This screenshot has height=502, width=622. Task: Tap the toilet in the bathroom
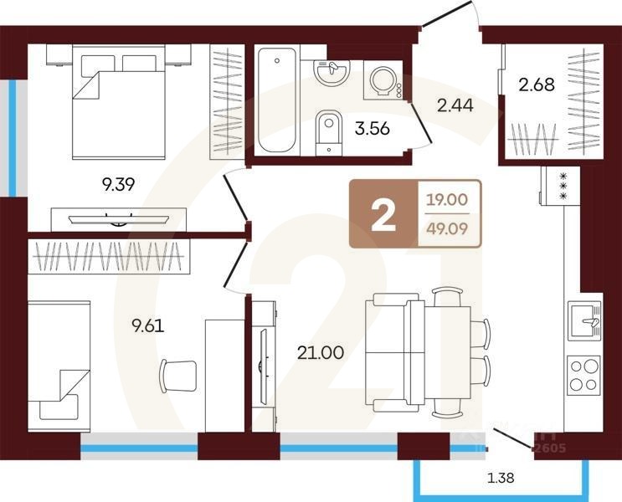pos(328,131)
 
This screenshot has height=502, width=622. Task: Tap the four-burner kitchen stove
pos(583,375)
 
